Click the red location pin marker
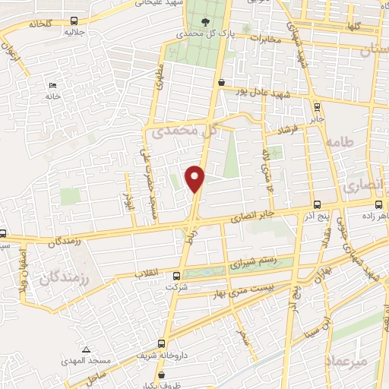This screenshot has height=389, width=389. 196,177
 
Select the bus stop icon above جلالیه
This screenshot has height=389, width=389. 73,21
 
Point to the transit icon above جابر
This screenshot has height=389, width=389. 317,106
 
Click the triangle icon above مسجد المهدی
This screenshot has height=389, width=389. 87,349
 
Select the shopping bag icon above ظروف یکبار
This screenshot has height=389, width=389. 162,374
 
